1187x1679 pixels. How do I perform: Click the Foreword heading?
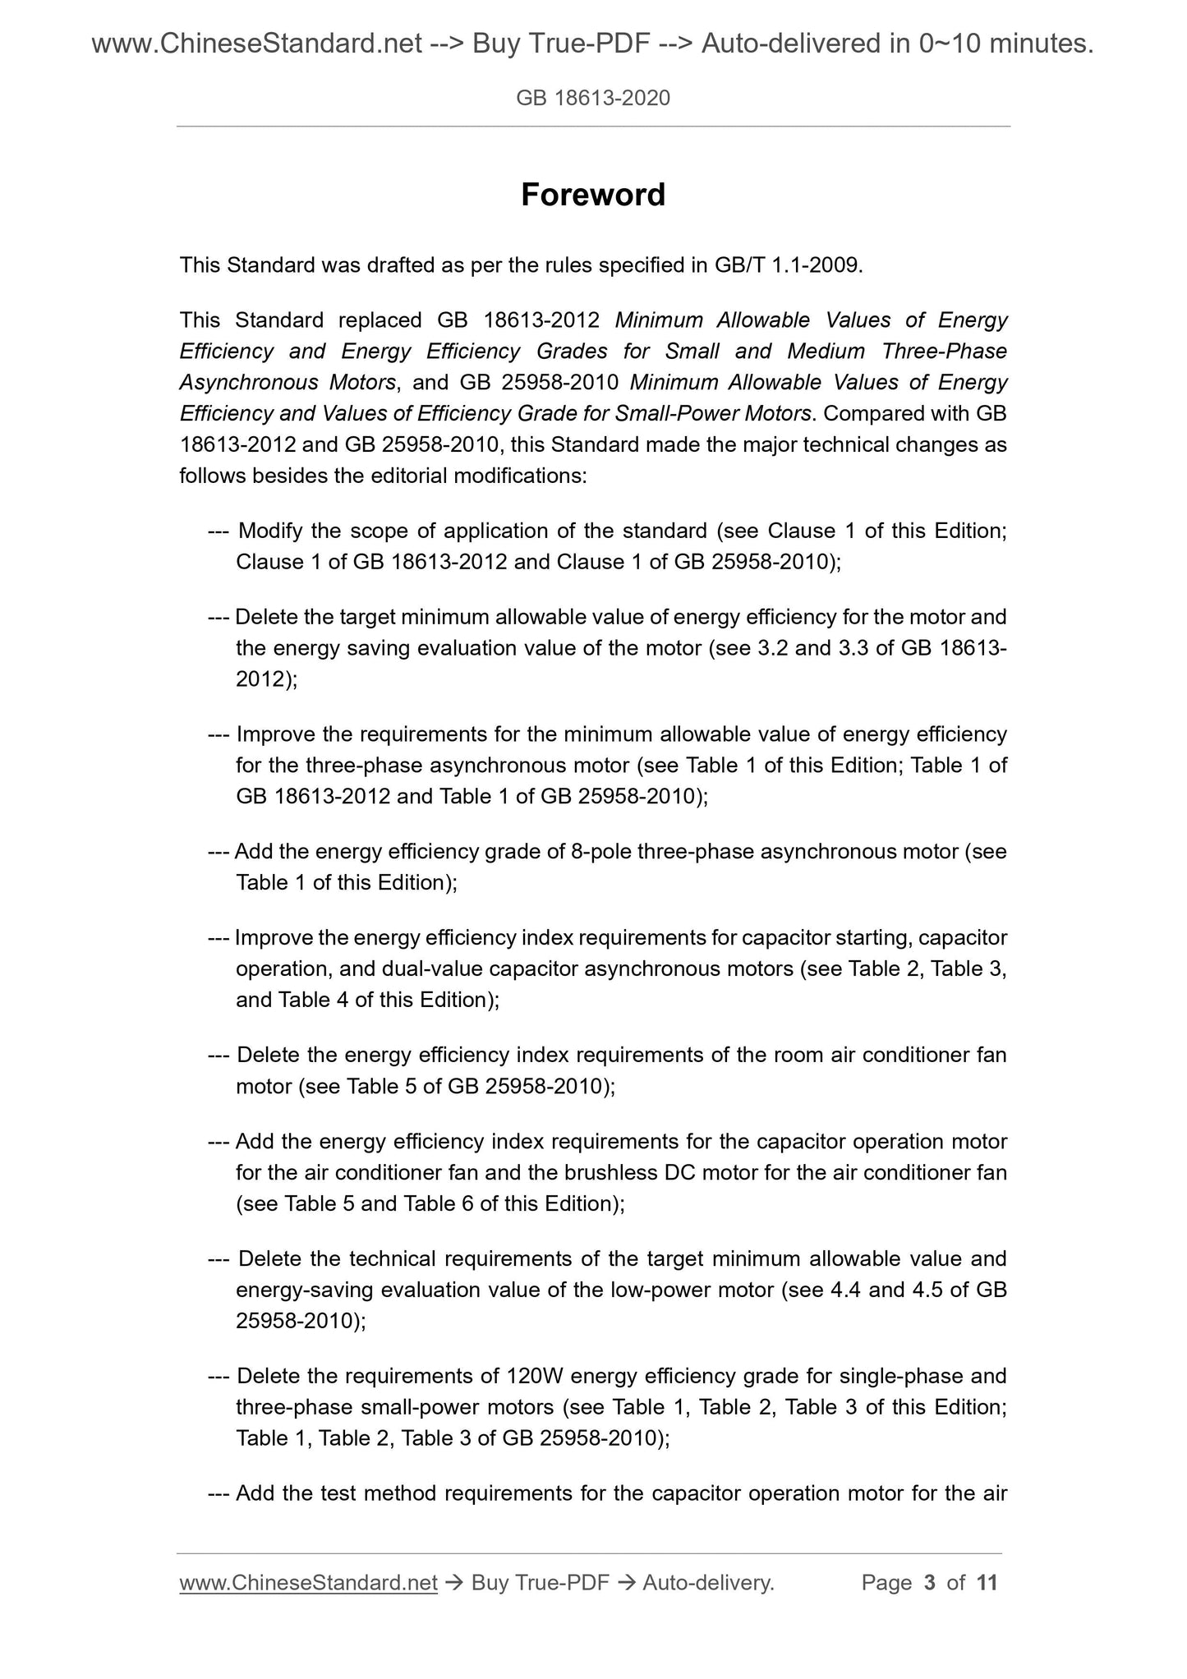tap(593, 195)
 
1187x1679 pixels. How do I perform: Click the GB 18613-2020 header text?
tap(593, 99)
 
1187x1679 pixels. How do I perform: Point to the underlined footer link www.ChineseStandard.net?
tap(308, 1583)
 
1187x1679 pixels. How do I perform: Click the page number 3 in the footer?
tap(930, 1583)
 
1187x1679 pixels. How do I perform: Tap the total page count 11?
tap(987, 1583)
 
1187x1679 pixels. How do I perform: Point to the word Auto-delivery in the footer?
tap(708, 1583)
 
